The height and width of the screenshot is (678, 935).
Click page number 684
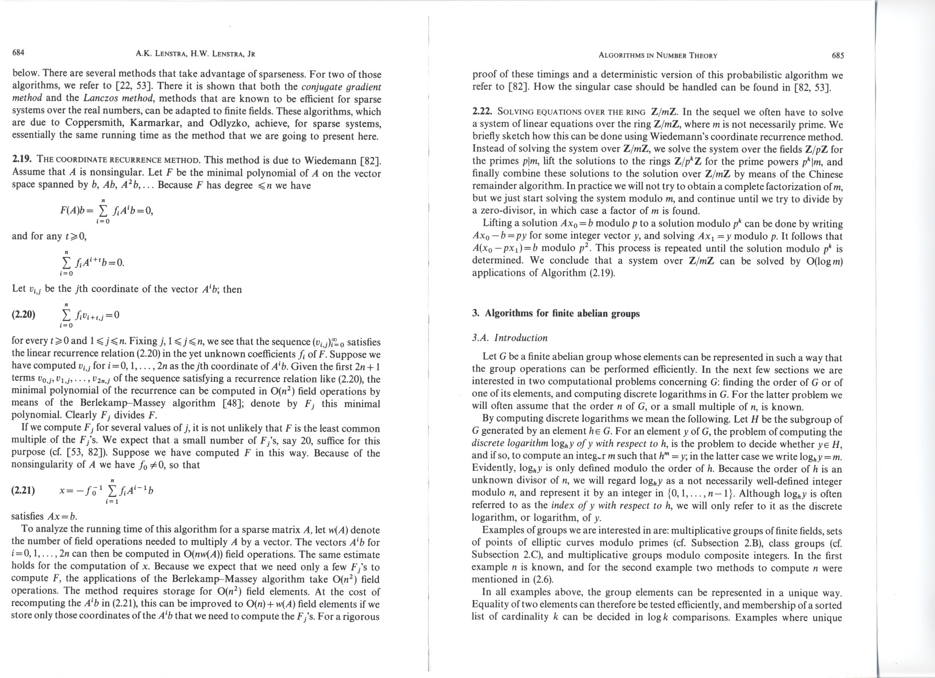pyautogui.click(x=18, y=52)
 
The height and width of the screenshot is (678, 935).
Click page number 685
pyautogui.click(x=838, y=56)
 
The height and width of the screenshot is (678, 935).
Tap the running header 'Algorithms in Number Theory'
pyautogui.click(x=658, y=56)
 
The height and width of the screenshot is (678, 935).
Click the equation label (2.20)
pyautogui.click(x=24, y=315)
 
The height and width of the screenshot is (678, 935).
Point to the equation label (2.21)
pyautogui.click(x=23, y=491)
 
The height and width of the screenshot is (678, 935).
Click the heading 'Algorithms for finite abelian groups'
pyautogui.click(x=562, y=313)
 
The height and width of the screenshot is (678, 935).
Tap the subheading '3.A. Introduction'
pyautogui.click(x=510, y=338)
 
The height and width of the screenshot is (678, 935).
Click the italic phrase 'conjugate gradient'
pyautogui.click(x=341, y=87)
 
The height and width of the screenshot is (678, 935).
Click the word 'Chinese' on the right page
pyautogui.click(x=823, y=174)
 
